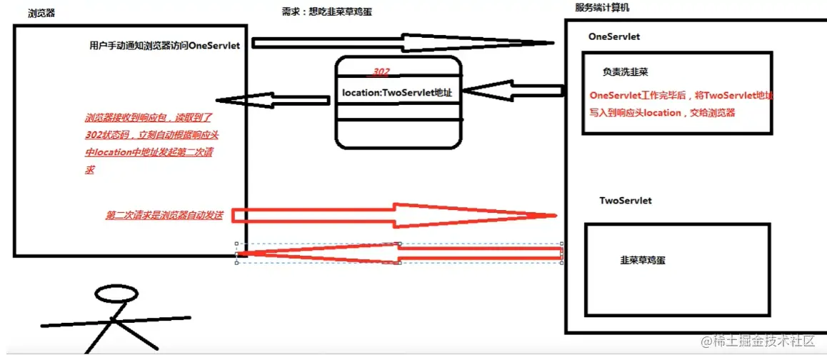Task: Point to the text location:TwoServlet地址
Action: click(x=401, y=92)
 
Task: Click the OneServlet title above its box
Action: click(x=614, y=36)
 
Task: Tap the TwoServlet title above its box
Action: click(x=626, y=201)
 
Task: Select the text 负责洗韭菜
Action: click(x=625, y=72)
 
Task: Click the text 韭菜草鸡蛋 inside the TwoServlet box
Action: click(x=643, y=261)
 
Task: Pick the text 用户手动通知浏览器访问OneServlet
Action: click(x=164, y=46)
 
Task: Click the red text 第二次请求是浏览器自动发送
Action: click(x=164, y=215)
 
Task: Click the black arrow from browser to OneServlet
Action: click(x=404, y=41)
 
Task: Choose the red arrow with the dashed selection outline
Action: click(x=399, y=253)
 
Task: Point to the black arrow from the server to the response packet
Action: click(x=511, y=91)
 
